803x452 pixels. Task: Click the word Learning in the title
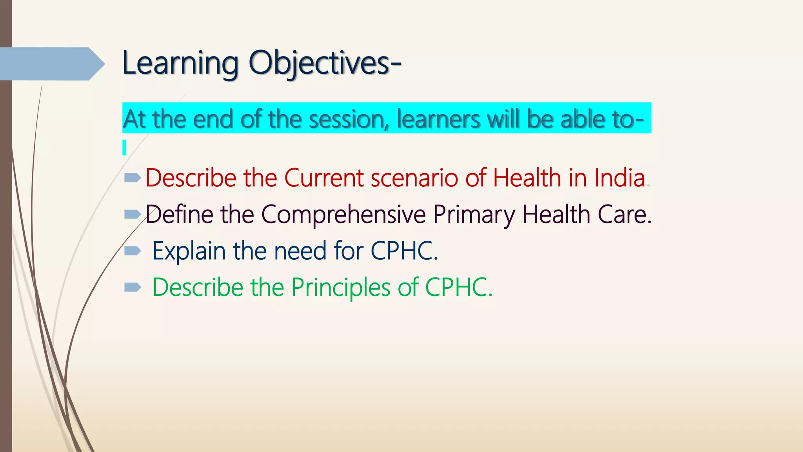click(180, 64)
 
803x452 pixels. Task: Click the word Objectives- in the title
click(325, 64)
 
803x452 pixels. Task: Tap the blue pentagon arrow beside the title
click(51, 64)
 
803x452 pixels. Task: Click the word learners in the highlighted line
click(438, 119)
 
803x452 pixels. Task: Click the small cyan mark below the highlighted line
click(124, 148)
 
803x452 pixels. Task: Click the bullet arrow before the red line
click(132, 179)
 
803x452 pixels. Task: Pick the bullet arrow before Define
click(132, 214)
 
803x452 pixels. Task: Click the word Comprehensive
click(343, 215)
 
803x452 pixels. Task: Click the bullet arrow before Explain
click(132, 251)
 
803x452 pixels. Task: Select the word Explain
click(189, 251)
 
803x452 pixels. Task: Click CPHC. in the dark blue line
click(404, 251)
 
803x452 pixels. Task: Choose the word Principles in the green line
click(341, 288)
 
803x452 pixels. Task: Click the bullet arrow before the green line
click(132, 288)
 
